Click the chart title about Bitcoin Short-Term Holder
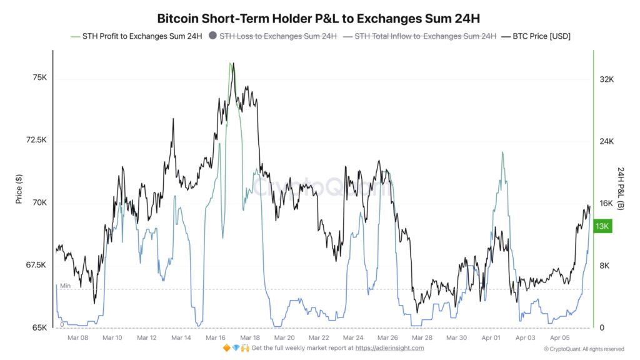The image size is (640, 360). pyautogui.click(x=319, y=19)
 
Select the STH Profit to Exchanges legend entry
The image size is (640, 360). pyautogui.click(x=141, y=36)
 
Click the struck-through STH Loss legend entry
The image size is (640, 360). pyautogui.click(x=277, y=36)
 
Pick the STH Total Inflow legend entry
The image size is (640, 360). pyautogui.click(x=425, y=36)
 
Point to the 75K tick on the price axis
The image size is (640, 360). pyautogui.click(x=39, y=77)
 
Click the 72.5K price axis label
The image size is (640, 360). pyautogui.click(x=36, y=140)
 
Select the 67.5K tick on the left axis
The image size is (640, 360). pyautogui.click(x=36, y=265)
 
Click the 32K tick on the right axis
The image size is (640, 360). pyautogui.click(x=606, y=79)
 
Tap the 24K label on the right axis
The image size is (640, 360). pyautogui.click(x=606, y=141)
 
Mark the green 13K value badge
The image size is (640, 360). pyautogui.click(x=602, y=226)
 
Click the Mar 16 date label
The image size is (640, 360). pyautogui.click(x=216, y=337)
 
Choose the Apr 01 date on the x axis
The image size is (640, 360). pyautogui.click(x=491, y=337)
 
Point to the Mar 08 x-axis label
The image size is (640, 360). pyautogui.click(x=78, y=337)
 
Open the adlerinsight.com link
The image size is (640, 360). pyautogui.click(x=391, y=348)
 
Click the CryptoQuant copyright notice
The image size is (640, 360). pyautogui.click(x=584, y=349)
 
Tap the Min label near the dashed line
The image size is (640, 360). pyautogui.click(x=66, y=286)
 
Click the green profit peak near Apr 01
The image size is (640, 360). pyautogui.click(x=502, y=152)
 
